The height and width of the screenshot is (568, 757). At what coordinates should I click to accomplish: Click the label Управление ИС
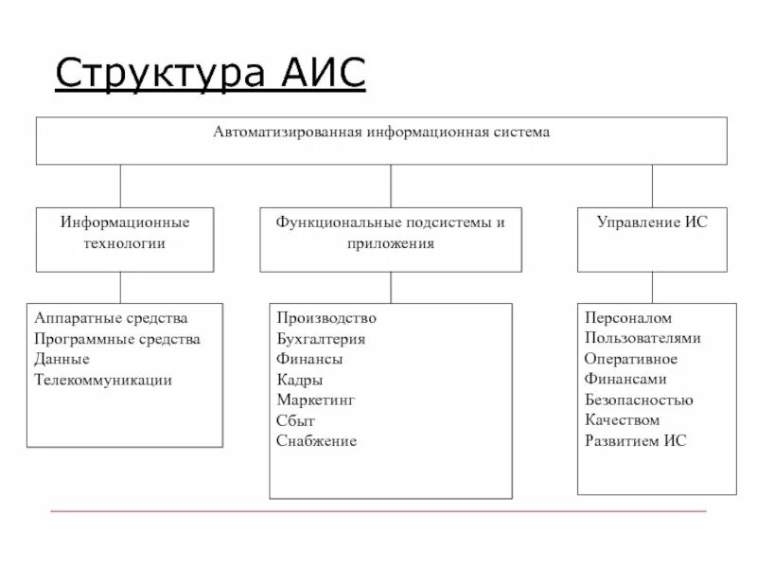pos(651,222)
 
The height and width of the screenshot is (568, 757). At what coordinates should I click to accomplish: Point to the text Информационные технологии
pos(125,233)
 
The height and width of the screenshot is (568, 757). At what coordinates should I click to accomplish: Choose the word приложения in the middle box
pos(390,243)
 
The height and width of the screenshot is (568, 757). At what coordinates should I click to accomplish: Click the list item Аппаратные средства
pos(111,318)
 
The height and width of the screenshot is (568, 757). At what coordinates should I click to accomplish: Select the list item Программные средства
pos(116,339)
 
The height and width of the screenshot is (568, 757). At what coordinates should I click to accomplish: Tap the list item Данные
pos(62,360)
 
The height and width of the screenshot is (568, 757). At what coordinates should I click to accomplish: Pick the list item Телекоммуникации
pos(103,380)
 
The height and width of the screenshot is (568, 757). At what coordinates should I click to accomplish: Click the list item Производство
pos(326,318)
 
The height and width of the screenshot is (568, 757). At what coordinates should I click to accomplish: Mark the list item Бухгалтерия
pos(321,339)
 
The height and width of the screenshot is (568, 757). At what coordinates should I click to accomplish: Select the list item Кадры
pos(300,380)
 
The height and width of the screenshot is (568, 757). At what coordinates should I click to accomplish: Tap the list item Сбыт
pos(295,420)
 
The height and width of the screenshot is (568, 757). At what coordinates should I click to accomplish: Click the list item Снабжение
pos(316,441)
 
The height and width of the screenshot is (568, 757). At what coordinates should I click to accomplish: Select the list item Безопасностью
pos(639,400)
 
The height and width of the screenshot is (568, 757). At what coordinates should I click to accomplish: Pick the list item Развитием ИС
pos(635,441)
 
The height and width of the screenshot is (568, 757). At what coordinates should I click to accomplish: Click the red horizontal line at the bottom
pos(378,512)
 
